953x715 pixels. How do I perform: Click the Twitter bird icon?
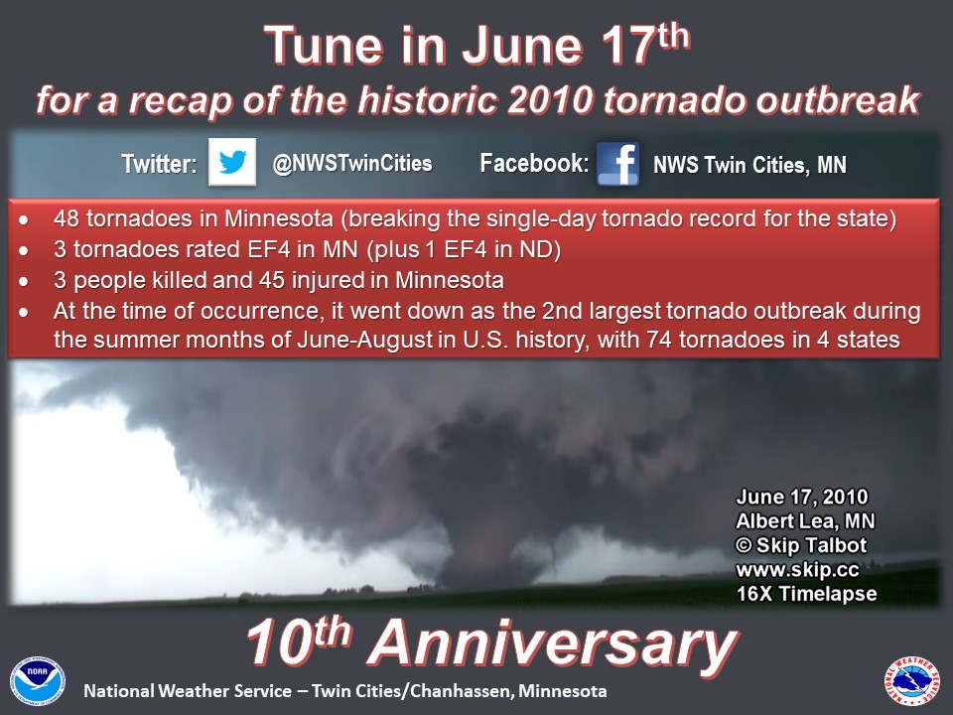[x=232, y=162]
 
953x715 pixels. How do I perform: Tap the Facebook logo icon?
[x=617, y=164]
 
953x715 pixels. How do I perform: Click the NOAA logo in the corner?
[x=38, y=681]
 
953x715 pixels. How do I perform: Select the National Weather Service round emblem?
[x=911, y=681]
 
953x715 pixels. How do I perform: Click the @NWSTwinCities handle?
[x=352, y=163]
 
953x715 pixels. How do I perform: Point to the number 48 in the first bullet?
[x=67, y=218]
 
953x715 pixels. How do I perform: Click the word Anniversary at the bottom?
[x=553, y=644]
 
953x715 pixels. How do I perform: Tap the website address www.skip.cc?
[x=797, y=570]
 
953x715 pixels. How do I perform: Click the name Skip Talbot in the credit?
[x=811, y=545]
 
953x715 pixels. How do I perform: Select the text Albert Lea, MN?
[x=805, y=521]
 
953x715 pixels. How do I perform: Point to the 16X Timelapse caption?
[x=806, y=594]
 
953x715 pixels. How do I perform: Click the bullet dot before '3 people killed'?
[x=24, y=281]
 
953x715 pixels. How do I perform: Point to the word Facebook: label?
[x=534, y=163]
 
